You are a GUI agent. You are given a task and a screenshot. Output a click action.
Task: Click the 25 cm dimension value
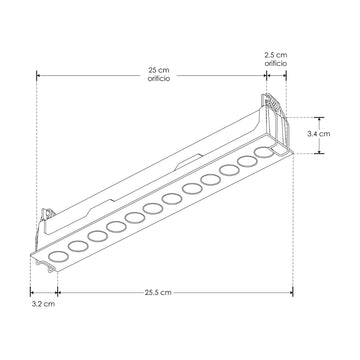(159, 71)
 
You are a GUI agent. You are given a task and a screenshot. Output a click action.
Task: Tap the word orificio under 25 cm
(159, 79)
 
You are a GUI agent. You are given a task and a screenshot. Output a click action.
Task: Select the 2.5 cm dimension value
(276, 55)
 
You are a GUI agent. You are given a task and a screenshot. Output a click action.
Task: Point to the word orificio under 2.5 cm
(276, 63)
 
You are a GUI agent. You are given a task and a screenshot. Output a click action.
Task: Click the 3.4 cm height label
(319, 134)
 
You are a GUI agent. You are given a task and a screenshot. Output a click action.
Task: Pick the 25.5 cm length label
(158, 292)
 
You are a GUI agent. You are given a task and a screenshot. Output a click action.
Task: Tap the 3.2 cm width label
(43, 304)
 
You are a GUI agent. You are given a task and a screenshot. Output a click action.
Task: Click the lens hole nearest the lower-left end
(58, 257)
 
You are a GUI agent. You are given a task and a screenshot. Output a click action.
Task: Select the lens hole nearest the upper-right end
(263, 152)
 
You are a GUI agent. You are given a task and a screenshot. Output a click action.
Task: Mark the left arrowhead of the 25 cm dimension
(38, 76)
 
